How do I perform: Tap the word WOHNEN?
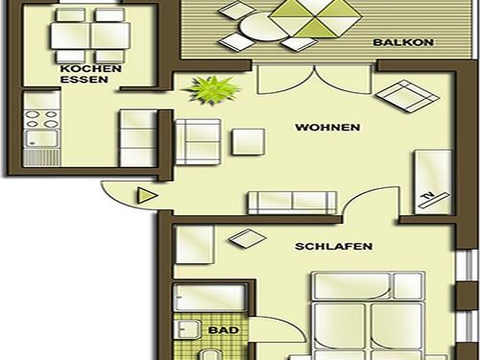tap(327, 127)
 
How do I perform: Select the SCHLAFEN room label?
tap(333, 246)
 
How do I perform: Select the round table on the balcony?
tap(254, 29)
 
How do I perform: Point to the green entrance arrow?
tap(146, 196)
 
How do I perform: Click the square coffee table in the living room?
tap(249, 141)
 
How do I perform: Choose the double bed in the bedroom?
tap(368, 312)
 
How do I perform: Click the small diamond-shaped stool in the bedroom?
tap(238, 241)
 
